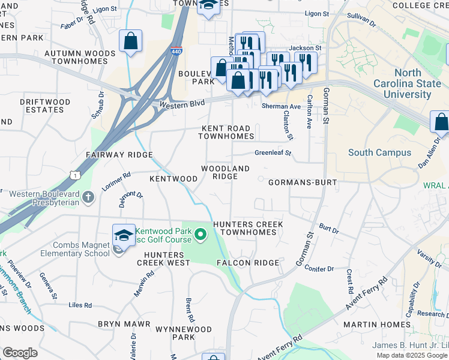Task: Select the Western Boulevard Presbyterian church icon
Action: pos(88,197)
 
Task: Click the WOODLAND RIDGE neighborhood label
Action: pos(225,173)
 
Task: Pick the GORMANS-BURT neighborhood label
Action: pos(300,182)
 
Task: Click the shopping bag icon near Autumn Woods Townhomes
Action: pos(130,42)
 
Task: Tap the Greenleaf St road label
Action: pos(273,153)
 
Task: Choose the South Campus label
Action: pos(380,152)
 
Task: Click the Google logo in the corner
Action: pos(20,353)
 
